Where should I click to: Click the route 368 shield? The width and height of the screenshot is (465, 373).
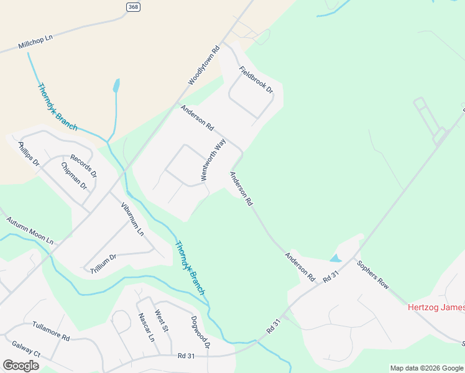tap(132, 7)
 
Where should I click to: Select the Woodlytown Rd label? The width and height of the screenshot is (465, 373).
tap(205, 65)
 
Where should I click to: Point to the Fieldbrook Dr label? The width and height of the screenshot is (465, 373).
tap(256, 80)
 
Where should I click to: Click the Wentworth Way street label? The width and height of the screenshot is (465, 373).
tap(212, 160)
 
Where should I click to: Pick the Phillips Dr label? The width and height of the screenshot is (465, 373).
tap(29, 155)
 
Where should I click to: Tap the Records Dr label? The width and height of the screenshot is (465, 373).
tap(83, 166)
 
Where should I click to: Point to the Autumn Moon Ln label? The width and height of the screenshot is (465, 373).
tap(30, 230)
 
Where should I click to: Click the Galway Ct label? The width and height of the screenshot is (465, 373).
tap(25, 349)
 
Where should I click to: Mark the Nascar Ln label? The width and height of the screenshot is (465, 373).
tap(147, 328)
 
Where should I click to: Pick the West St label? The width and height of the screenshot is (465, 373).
tap(161, 321)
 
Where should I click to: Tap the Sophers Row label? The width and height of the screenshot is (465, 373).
tap(372, 275)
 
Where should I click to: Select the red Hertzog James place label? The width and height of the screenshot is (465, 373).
tap(436, 307)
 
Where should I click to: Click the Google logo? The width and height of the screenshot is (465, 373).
tap(21, 366)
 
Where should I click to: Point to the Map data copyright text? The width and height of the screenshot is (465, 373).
tap(426, 368)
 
